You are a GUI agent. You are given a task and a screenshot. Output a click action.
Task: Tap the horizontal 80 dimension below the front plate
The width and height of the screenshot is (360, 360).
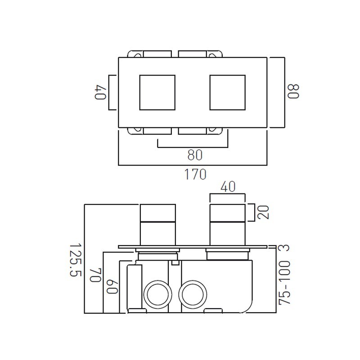[x=194, y=155]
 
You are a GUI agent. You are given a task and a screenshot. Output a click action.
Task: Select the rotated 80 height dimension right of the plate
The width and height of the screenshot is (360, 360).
[x=293, y=92]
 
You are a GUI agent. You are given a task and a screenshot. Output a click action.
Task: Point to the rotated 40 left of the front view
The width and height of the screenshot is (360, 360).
[x=99, y=92]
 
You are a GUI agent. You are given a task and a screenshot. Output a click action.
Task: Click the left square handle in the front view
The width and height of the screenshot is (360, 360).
[x=157, y=92]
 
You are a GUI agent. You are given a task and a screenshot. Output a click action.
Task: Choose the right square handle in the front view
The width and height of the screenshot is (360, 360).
[x=227, y=92]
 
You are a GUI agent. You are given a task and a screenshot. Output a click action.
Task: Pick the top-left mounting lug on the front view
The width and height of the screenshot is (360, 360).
[x=136, y=54]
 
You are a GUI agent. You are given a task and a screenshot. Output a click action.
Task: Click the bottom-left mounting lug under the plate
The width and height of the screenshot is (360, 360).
[x=136, y=130]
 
